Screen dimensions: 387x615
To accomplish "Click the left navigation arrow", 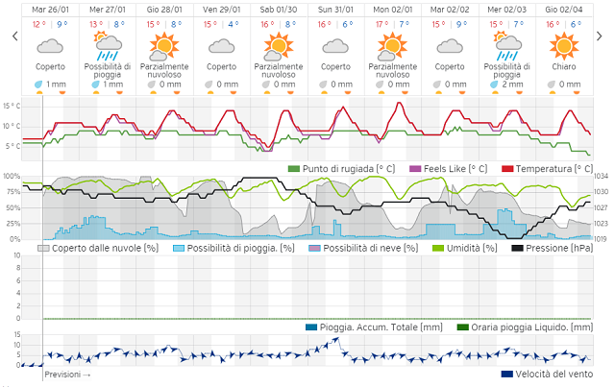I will [13, 36].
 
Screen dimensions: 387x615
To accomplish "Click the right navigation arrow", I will [601, 36].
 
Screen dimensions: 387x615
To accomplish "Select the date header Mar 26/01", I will [50, 8].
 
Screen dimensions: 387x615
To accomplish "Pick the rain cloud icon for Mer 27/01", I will [107, 44].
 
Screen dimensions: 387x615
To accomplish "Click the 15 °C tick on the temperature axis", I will [12, 106].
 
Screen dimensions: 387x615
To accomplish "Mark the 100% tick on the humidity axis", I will [11, 177].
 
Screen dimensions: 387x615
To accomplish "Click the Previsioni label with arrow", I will [68, 375].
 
